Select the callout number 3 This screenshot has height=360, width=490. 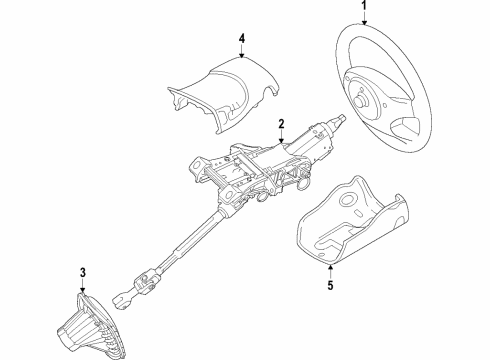(x=84, y=270)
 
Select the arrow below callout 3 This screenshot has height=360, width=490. (x=84, y=282)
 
